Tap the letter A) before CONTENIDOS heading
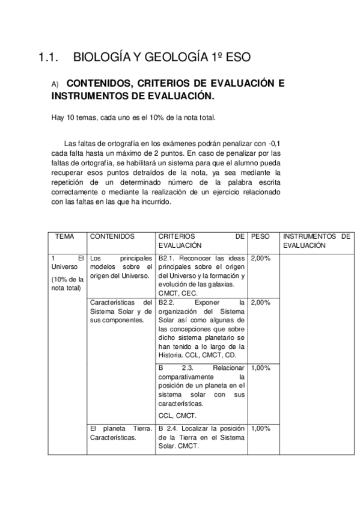tap(55, 85)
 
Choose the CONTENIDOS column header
tap(112, 237)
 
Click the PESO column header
tap(260, 237)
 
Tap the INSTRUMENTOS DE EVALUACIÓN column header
tap(316, 241)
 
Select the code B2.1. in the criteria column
tap(166, 258)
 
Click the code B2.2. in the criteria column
tap(166, 302)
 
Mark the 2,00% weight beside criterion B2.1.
tap(260, 258)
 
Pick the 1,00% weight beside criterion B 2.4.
tap(260, 428)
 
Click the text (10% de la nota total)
tap(67, 283)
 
